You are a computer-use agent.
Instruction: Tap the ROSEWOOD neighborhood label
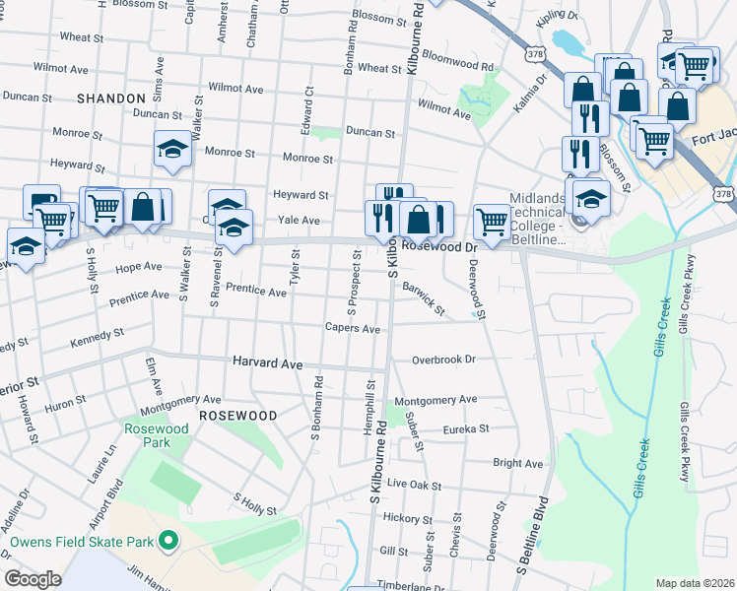[x=237, y=416]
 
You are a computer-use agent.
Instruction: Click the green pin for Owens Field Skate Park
[x=167, y=541]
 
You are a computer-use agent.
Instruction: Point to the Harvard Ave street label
[x=267, y=363]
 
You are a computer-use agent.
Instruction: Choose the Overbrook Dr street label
[x=443, y=361]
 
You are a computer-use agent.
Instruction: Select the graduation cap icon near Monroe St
[x=172, y=149]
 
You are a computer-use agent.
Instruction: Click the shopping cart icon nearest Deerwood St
[x=492, y=220]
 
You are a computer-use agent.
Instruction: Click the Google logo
[x=33, y=579]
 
